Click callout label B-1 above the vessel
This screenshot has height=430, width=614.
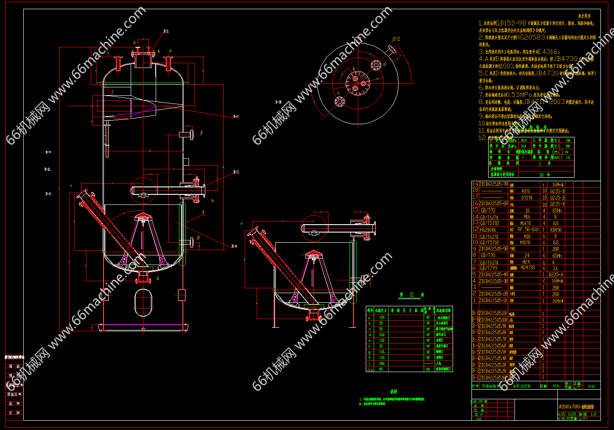pyautogui.click(x=166, y=31)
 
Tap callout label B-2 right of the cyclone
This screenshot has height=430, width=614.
pyautogui.click(x=236, y=116)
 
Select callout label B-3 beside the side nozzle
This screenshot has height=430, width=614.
pyautogui.click(x=236, y=172)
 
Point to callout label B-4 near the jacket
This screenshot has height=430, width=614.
pyautogui.click(x=234, y=246)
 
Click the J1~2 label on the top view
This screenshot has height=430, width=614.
pyautogui.click(x=396, y=39)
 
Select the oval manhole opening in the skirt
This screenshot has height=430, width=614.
pyautogui.click(x=143, y=300)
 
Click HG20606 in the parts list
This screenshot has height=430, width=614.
pyautogui.click(x=488, y=229)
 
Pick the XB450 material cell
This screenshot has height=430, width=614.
pyautogui.click(x=556, y=229)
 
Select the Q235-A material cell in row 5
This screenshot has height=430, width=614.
pyautogui.click(x=556, y=275)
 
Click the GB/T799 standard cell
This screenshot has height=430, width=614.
pyautogui.click(x=489, y=268)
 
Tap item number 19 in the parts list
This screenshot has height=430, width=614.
pyautogui.click(x=475, y=185)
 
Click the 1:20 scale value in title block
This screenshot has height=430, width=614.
pyautogui.click(x=571, y=414)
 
